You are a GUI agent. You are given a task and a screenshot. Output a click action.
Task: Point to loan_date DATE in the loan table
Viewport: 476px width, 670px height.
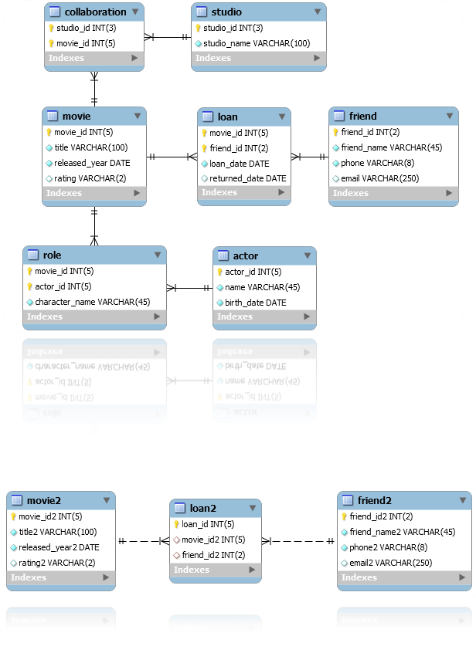point(239,164)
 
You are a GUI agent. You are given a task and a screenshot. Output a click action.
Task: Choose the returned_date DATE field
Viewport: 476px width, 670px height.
point(247,178)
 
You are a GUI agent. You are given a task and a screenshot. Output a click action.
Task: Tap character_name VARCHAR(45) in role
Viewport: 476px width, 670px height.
point(92,302)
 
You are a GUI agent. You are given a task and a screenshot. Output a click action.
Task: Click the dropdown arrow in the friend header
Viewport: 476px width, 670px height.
point(450,117)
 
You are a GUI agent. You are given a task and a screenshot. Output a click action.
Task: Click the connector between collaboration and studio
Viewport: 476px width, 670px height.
point(168,36)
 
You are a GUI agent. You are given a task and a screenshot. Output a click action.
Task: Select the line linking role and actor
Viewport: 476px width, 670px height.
point(189,288)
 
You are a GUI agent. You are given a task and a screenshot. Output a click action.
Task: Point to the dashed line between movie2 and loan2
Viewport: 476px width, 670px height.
point(142,541)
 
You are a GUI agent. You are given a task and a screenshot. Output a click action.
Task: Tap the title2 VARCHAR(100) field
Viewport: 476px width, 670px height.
point(57,532)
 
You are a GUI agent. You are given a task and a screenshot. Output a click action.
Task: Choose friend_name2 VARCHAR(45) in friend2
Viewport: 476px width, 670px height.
point(402,532)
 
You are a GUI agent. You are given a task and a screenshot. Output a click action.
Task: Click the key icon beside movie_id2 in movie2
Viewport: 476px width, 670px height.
point(13,516)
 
